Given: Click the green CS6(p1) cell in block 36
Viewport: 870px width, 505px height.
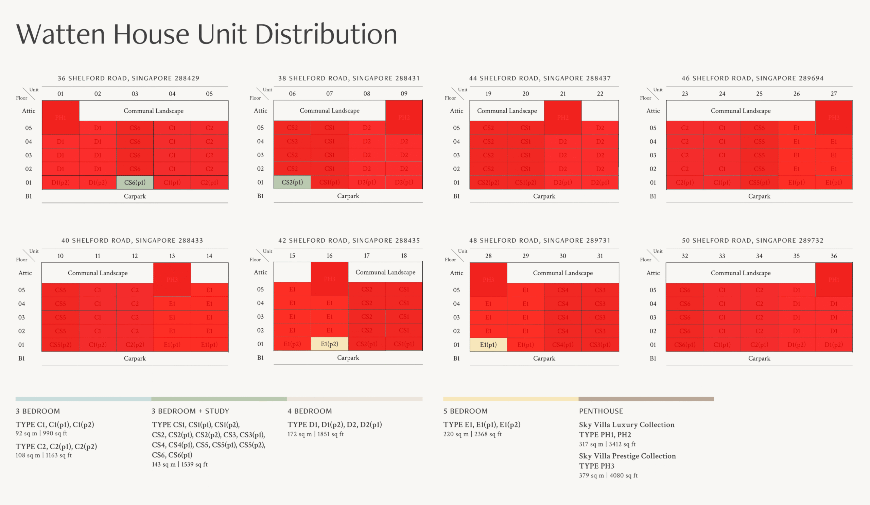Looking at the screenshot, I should pyautogui.click(x=135, y=182).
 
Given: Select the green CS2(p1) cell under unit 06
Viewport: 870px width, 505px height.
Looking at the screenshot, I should pyautogui.click(x=292, y=182).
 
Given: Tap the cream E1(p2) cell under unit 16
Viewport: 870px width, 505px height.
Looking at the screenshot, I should pyautogui.click(x=329, y=344).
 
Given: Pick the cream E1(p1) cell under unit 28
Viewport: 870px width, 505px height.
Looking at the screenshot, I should pyautogui.click(x=488, y=345).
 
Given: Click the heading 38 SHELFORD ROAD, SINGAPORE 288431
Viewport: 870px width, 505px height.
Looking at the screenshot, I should pyautogui.click(x=349, y=79).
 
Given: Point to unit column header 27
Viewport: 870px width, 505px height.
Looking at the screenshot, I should pyautogui.click(x=833, y=93).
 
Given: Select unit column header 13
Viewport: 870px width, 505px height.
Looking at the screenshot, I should pyautogui.click(x=172, y=256).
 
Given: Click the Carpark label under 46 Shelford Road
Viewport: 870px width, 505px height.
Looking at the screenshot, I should pyautogui.click(x=759, y=196).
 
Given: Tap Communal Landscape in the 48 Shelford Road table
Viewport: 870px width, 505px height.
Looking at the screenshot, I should pyautogui.click(x=562, y=273).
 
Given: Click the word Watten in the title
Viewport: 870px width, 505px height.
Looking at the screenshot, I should pyautogui.click(x=60, y=35).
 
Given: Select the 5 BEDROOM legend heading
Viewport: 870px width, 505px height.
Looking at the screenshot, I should pyautogui.click(x=465, y=411).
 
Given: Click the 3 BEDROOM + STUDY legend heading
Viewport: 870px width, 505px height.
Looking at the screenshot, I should pyautogui.click(x=190, y=411).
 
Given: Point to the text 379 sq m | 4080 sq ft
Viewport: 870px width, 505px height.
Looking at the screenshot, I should pyautogui.click(x=608, y=475).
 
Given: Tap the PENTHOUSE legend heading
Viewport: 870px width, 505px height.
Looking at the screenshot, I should pyautogui.click(x=601, y=411).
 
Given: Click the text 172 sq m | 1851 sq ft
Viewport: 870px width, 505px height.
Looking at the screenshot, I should pyautogui.click(x=315, y=434).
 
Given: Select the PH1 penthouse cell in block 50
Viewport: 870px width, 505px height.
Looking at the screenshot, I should pyautogui.click(x=833, y=280).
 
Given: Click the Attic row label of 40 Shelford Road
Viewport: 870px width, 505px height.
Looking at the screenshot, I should pyautogui.click(x=25, y=273).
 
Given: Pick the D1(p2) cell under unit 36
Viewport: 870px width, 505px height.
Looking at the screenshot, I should pyautogui.click(x=833, y=345).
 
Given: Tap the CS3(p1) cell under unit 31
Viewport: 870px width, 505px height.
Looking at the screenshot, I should pyautogui.click(x=600, y=345).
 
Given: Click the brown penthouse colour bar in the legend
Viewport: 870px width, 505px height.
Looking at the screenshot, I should pyautogui.click(x=646, y=399).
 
